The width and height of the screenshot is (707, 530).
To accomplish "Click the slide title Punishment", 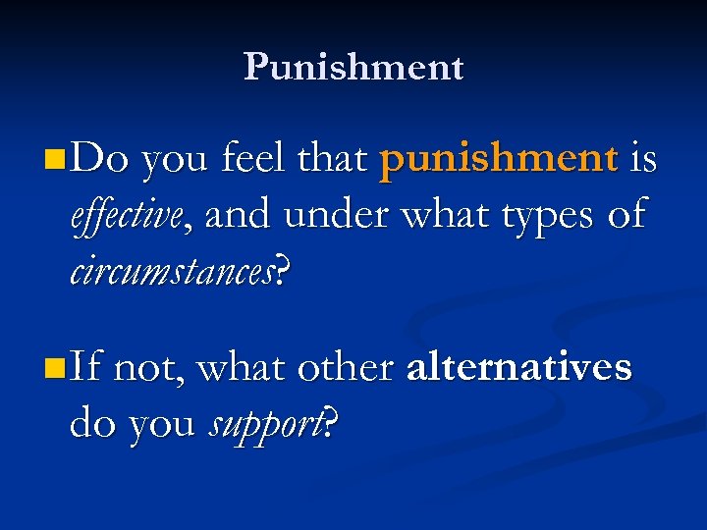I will coord(353,67).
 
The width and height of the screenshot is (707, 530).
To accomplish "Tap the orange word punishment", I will coord(499,159).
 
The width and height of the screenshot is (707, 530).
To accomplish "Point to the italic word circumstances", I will coord(173,270).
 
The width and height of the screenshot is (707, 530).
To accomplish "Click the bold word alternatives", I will coord(518,368).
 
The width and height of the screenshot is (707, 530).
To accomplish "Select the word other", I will coord(345,368).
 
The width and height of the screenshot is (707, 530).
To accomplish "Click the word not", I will coord(145,369).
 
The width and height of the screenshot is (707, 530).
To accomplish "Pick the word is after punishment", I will coord(642,159).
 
